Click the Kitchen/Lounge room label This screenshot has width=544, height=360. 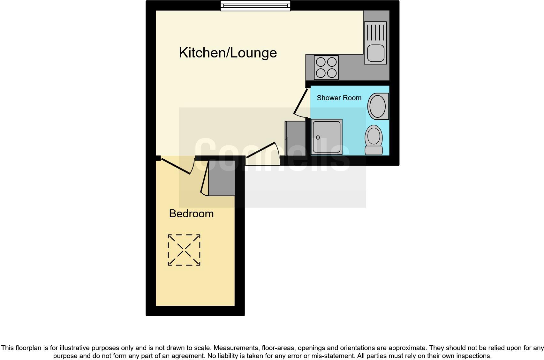point(228,53)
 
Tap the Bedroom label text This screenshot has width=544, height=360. point(191,214)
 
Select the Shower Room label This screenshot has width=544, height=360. point(339,98)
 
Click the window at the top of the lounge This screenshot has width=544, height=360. point(255,6)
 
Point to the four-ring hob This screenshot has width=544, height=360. point(326,67)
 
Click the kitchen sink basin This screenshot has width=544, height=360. point(375,53)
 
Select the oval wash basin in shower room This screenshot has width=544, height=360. point(378,106)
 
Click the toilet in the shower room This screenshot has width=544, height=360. point(374,140)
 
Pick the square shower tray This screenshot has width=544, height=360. point(326,137)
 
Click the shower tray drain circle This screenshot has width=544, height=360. point(318,138)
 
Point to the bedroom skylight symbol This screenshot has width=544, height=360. point(184,250)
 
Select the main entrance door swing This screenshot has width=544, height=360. point(262,150)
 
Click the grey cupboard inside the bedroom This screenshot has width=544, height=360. point(221,178)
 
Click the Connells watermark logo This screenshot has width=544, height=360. point(272,155)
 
